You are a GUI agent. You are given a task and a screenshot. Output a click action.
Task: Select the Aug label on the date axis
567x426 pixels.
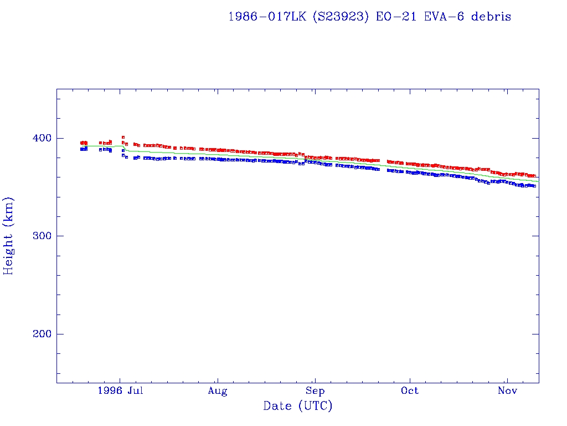coord(218,391)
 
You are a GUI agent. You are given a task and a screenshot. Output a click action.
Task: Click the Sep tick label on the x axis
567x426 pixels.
coord(315,391)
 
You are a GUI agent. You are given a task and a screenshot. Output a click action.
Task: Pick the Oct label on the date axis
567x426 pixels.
coord(410,391)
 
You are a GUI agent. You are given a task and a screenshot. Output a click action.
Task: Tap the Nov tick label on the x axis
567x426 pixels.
coord(507,391)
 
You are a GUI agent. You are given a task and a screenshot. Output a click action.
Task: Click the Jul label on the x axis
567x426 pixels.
coord(135,391)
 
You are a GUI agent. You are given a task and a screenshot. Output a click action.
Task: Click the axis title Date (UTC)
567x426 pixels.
coord(298,406)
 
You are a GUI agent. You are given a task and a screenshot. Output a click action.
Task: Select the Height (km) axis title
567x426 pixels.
coord(9,236)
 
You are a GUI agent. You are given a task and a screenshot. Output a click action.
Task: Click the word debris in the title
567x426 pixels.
coord(491,17)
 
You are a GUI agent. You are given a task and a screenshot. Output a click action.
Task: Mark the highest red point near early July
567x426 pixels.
coord(123,137)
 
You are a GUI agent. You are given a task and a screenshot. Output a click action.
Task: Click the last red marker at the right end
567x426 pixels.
coord(534,176)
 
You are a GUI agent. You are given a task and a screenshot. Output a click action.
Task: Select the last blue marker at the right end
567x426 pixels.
coord(534,186)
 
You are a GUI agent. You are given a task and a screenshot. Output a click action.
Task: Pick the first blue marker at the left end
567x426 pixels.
coord(81,149)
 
